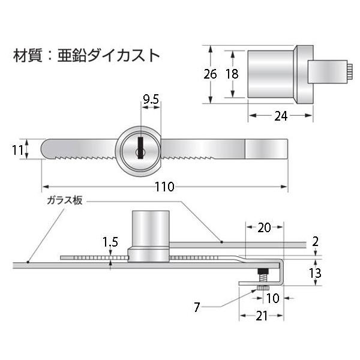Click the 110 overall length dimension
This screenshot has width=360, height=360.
(x=164, y=187)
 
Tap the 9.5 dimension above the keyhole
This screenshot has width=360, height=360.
(x=151, y=99)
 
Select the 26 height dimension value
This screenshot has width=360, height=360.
(x=210, y=74)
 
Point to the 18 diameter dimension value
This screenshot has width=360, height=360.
(x=232, y=74)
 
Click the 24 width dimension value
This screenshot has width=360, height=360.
(x=281, y=116)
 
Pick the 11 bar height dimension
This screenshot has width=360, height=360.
(x=17, y=151)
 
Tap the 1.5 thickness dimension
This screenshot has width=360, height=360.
(x=110, y=242)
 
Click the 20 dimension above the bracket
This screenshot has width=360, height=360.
(x=264, y=227)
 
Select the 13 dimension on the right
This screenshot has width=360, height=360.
(x=315, y=273)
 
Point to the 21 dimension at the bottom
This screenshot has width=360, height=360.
(x=262, y=316)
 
